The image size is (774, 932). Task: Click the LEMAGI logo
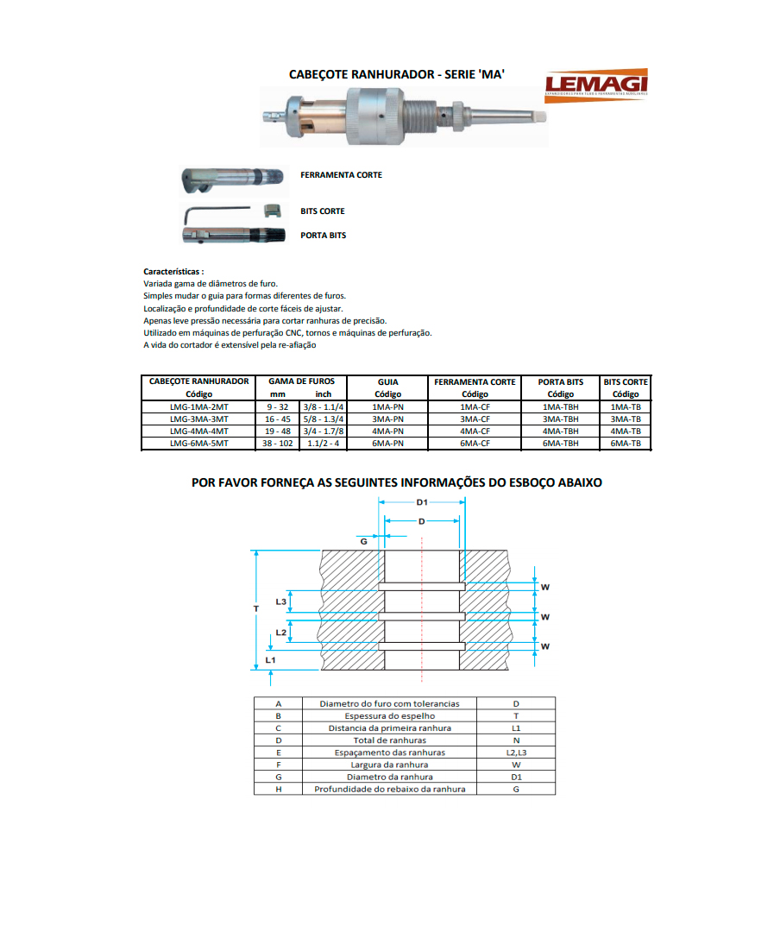[595, 85]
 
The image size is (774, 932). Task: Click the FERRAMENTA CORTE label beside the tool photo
[341, 175]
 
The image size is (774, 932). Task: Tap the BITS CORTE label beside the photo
[322, 211]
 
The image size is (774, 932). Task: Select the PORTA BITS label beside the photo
[323, 236]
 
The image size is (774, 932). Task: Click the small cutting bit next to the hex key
[272, 210]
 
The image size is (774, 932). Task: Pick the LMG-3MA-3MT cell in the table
[198, 419]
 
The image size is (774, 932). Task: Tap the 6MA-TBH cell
[560, 443]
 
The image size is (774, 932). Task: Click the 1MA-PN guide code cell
[388, 406]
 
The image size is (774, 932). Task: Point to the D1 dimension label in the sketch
[422, 502]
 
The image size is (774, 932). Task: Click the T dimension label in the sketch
[255, 608]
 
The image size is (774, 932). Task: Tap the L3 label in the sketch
[281, 601]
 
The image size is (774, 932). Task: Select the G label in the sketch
[363, 540]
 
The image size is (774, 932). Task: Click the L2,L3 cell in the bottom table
[516, 753]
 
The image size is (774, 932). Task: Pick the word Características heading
[173, 271]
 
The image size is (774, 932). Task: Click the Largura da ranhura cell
[389, 765]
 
